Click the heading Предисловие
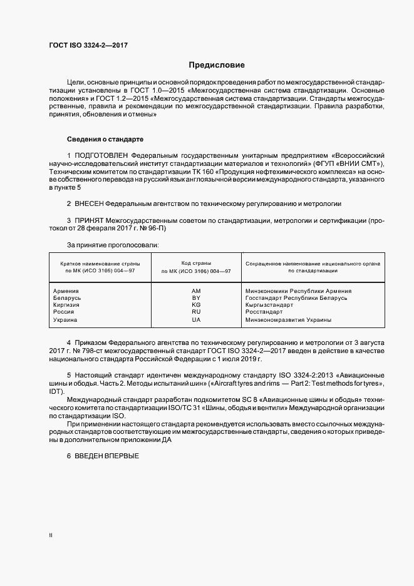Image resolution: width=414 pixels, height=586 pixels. tap(217, 65)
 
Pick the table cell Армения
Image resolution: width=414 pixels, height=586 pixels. tap(66, 291)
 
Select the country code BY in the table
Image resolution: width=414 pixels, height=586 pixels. tap(195, 298)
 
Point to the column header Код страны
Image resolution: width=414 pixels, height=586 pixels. tap(196, 264)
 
